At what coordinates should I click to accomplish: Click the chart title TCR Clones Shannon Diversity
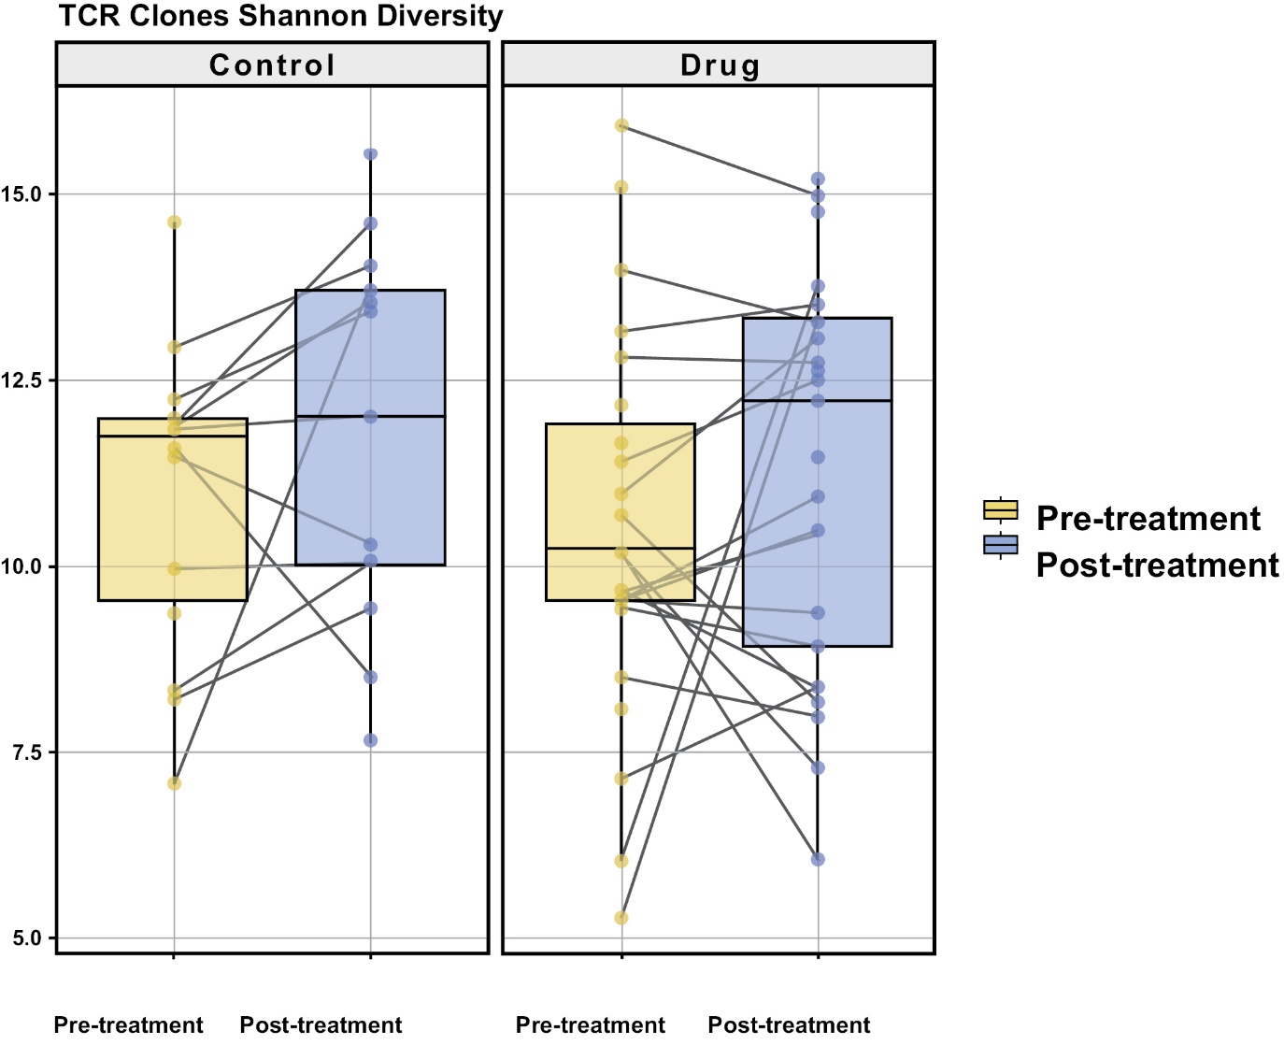click(280, 16)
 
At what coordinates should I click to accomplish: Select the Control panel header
click(272, 64)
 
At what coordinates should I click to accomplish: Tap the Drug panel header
click(719, 64)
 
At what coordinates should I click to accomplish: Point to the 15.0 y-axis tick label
click(21, 194)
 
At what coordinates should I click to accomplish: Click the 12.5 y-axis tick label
click(21, 380)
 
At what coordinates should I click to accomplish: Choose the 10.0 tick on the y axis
click(21, 566)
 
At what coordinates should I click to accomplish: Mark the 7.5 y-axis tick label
click(24, 752)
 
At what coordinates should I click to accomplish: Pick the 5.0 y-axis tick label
click(24, 938)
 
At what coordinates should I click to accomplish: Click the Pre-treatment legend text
click(1148, 518)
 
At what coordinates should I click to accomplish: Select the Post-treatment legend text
click(1157, 565)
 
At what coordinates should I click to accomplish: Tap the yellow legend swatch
click(1001, 509)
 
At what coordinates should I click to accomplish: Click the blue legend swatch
click(1001, 545)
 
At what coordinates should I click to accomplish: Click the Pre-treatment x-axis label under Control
click(129, 1024)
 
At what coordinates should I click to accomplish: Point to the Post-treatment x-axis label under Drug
click(789, 1024)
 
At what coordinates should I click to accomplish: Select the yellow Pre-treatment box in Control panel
click(173, 509)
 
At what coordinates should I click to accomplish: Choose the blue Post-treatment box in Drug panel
click(818, 482)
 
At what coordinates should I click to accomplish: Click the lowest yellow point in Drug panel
click(621, 918)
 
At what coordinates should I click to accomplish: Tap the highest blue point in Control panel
click(371, 154)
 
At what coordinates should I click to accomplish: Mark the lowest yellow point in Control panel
click(174, 783)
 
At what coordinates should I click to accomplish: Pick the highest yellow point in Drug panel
click(621, 125)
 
